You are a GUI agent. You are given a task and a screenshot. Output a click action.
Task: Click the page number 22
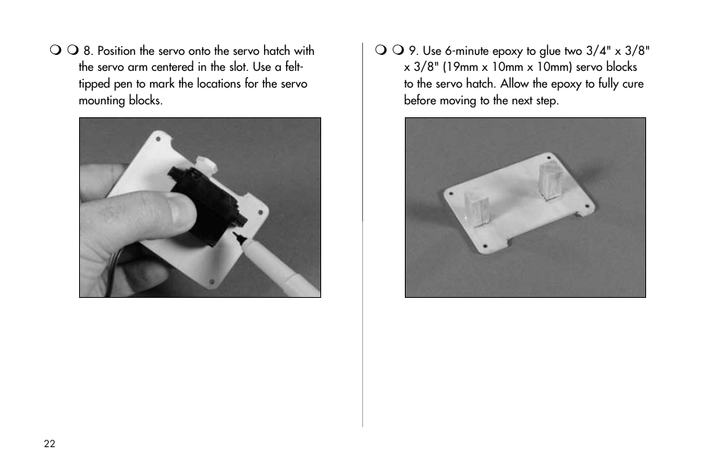49,443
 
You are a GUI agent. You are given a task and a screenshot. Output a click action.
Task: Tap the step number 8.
88,50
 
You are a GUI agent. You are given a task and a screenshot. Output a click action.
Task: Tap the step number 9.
413,50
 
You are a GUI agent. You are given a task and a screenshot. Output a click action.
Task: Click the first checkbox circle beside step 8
56,50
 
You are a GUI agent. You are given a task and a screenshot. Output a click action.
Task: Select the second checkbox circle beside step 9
398,50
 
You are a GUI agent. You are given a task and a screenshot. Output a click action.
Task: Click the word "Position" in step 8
116,50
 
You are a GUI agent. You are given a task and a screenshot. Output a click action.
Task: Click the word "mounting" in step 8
102,101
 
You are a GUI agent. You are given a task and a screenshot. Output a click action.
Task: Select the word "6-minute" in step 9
466,50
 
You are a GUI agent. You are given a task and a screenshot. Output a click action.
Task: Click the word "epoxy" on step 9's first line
508,52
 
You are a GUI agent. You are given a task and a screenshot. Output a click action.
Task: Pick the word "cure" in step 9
633,84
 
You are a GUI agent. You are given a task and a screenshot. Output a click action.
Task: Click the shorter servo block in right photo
477,210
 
